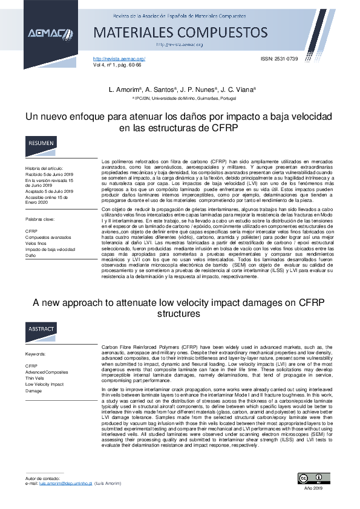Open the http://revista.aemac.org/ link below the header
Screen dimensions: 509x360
pyautogui.click(x=119, y=58)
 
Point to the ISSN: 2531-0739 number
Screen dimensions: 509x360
pyautogui.click(x=280, y=58)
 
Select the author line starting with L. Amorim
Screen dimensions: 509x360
pyautogui.click(x=182, y=89)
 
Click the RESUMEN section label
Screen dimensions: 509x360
pyautogui.click(x=41, y=144)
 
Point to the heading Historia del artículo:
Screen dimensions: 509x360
pyautogui.click(x=44, y=168)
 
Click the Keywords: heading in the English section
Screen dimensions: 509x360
pyautogui.click(x=36, y=354)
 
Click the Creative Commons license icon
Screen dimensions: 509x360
pyautogui.click(x=311, y=479)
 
